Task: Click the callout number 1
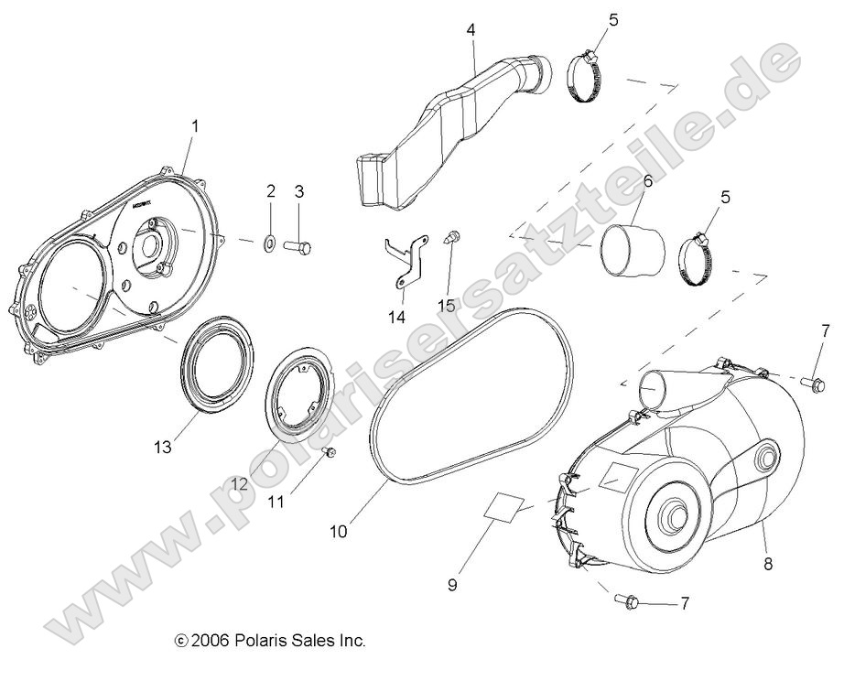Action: click(194, 124)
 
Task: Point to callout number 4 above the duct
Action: click(471, 30)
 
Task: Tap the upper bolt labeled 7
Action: click(811, 382)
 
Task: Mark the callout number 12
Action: click(239, 484)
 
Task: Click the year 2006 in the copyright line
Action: click(208, 641)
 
